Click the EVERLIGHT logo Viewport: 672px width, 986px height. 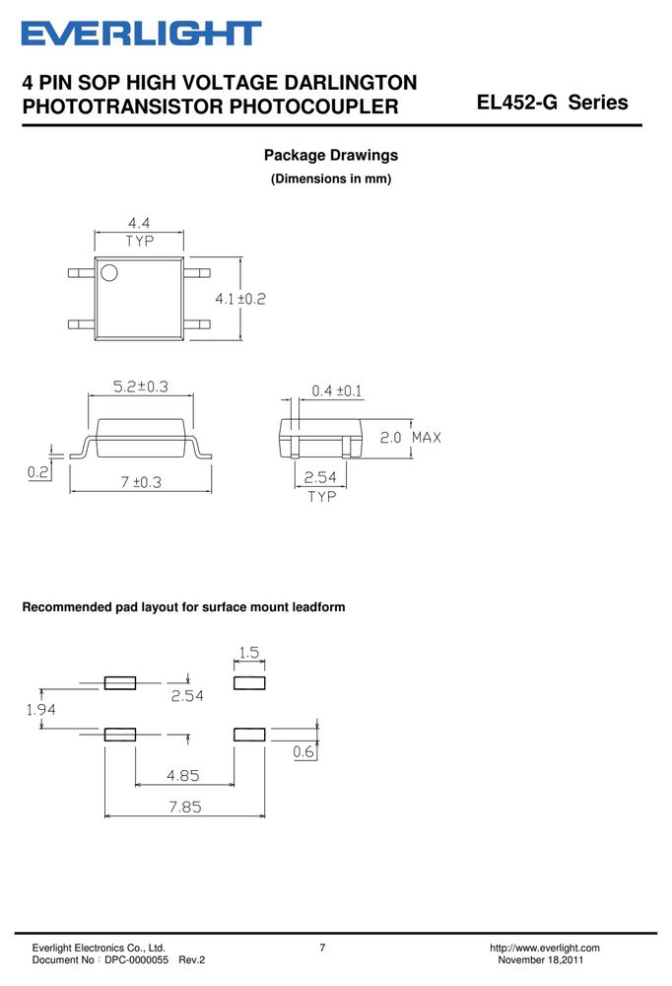pyautogui.click(x=142, y=34)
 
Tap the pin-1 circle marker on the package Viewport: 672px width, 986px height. pyautogui.click(x=109, y=273)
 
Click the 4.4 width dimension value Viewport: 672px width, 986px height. pyautogui.click(x=139, y=223)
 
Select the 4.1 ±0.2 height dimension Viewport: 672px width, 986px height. pyautogui.click(x=240, y=299)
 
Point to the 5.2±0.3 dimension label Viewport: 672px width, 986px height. pyautogui.click(x=141, y=387)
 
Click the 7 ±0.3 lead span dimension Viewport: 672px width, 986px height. pyautogui.click(x=141, y=482)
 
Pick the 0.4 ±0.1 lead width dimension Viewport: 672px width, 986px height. pyautogui.click(x=337, y=391)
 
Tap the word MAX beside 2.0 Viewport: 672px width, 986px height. pyautogui.click(x=427, y=437)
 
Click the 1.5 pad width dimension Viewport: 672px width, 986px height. pyautogui.click(x=249, y=652)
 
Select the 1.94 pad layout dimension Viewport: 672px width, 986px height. pyautogui.click(x=40, y=709)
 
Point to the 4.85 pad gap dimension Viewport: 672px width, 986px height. pyautogui.click(x=183, y=775)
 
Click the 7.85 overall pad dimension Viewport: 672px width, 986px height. pyautogui.click(x=185, y=807)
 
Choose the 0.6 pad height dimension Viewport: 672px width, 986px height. pyautogui.click(x=303, y=751)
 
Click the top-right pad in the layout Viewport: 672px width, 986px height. pyautogui.click(x=249, y=683)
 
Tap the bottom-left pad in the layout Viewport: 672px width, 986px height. pyautogui.click(x=120, y=735)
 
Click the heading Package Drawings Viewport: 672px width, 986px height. pyautogui.click(x=331, y=156)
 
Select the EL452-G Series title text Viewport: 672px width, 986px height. pyautogui.click(x=553, y=103)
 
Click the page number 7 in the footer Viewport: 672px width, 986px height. pyautogui.click(x=322, y=948)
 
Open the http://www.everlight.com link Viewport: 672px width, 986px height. pyautogui.click(x=544, y=948)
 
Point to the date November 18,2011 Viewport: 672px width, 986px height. pyautogui.click(x=541, y=960)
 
